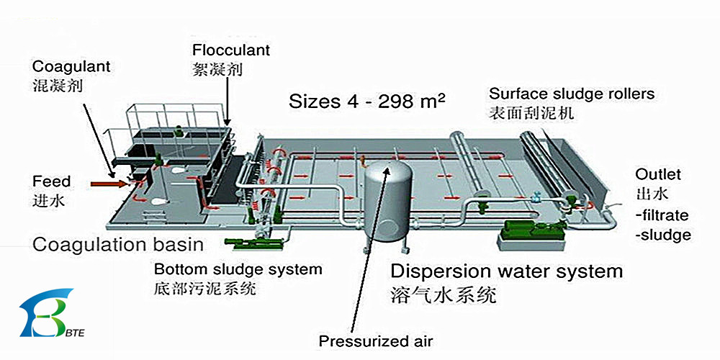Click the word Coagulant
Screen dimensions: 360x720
(71, 67)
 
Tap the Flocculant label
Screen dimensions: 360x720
(231, 50)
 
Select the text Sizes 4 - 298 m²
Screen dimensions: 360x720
(366, 100)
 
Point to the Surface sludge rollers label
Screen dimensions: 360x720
(572, 94)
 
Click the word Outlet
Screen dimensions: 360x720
(657, 175)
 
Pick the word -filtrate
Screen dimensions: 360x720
(662, 215)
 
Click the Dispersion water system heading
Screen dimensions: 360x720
(506, 271)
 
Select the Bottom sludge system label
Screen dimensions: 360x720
(238, 270)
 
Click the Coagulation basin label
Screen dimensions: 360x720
(118, 244)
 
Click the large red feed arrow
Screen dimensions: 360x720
(108, 185)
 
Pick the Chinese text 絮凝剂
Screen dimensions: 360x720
(217, 70)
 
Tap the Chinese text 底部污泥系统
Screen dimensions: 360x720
(204, 289)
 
